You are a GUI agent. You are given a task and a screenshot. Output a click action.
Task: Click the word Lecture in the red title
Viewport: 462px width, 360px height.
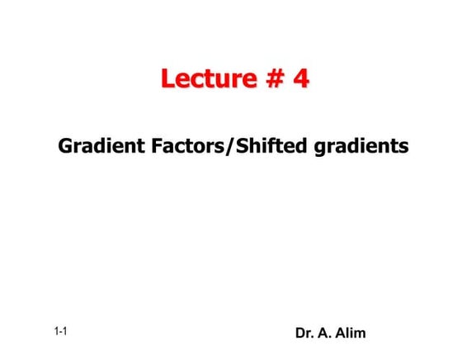tap(209, 78)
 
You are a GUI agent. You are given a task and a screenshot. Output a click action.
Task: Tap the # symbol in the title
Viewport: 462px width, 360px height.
tap(273, 78)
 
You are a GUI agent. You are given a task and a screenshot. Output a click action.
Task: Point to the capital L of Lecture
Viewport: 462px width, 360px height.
tap(168, 78)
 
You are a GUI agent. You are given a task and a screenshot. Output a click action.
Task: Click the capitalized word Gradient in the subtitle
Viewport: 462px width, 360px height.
tap(96, 147)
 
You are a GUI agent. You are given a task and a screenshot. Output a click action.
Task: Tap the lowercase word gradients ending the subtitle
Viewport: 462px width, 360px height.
tap(360, 148)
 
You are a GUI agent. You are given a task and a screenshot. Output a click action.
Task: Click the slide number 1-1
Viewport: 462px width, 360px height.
tap(60, 332)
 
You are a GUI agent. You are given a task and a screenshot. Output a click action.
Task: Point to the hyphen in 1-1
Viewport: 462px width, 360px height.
tap(60, 333)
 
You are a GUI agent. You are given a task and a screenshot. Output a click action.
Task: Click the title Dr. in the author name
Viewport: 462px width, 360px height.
tap(304, 334)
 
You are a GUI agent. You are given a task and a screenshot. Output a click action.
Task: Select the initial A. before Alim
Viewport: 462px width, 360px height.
tap(328, 334)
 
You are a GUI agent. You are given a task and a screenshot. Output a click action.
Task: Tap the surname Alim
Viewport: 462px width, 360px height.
tap(352, 334)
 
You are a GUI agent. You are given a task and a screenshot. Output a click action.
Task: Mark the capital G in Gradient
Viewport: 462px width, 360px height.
tap(66, 147)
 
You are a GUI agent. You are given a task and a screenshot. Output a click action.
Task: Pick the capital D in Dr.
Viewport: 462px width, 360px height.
tap(300, 334)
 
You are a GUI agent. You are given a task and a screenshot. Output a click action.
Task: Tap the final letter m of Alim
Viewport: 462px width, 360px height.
tap(361, 334)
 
